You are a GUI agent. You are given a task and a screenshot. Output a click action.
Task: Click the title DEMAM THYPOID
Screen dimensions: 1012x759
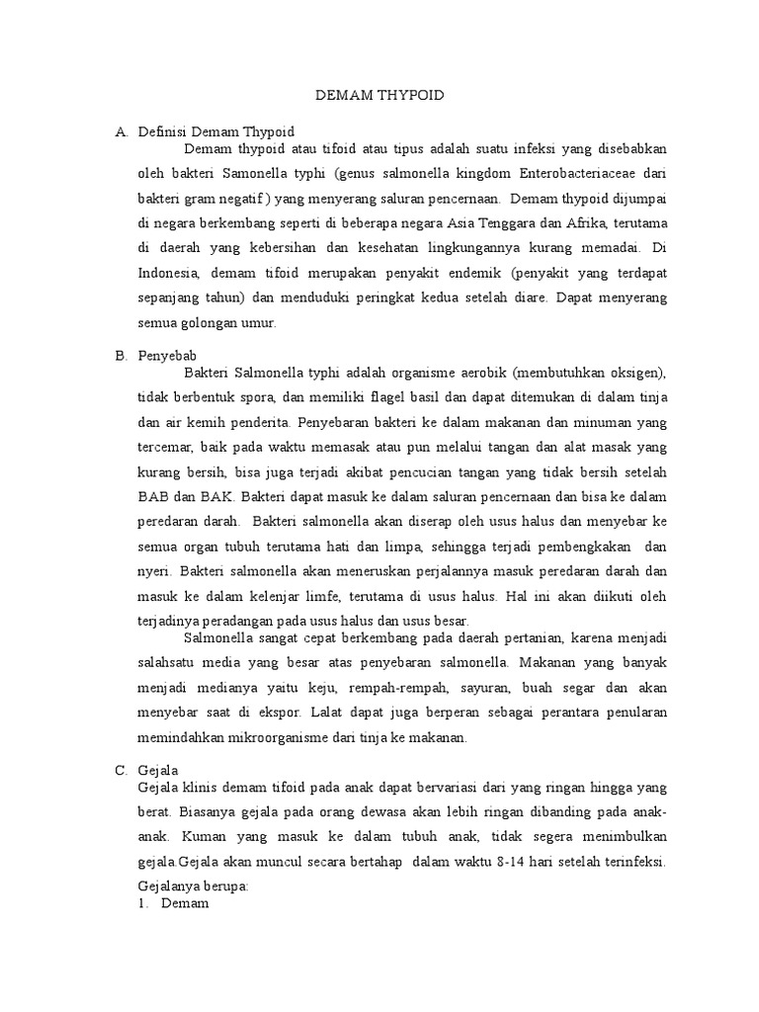[379, 96]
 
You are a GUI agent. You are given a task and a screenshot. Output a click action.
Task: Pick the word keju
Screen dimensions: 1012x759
[323, 688]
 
